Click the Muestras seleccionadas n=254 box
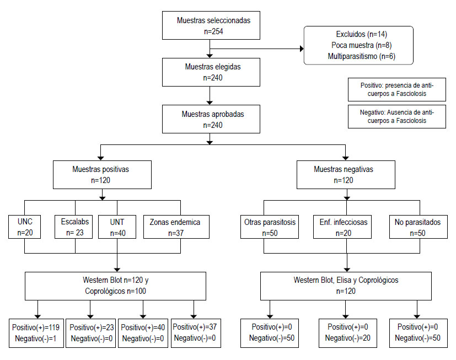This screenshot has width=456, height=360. coord(211,25)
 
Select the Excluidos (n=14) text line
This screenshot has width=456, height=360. coord(362,34)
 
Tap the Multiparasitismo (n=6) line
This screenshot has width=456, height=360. coord(362,56)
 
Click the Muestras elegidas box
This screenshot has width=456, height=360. coord(211,72)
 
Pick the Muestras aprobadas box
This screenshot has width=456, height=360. coord(211,119)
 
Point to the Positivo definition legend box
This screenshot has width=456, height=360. coord(396,89)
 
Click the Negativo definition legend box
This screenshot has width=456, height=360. coord(396,117)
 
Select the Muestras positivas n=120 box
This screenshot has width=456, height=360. coord(102,175)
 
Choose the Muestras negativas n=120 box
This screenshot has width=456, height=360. coord(346,175)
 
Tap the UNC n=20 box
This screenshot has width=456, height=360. coord(24,227)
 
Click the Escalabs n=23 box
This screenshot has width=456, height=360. coord(73,227)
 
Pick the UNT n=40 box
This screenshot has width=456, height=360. coord(117,227)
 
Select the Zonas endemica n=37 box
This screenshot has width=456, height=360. coord(176,227)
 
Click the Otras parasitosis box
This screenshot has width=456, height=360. coord(270,227)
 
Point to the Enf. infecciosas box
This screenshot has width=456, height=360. coord(342,227)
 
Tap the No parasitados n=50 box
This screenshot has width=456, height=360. coord(419,227)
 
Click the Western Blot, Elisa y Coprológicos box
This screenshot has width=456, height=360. coord(346,286)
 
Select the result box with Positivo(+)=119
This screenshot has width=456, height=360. coord(36,333)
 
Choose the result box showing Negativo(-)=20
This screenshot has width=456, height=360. coord(348,333)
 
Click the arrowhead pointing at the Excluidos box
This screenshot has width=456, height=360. coord(302,49)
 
